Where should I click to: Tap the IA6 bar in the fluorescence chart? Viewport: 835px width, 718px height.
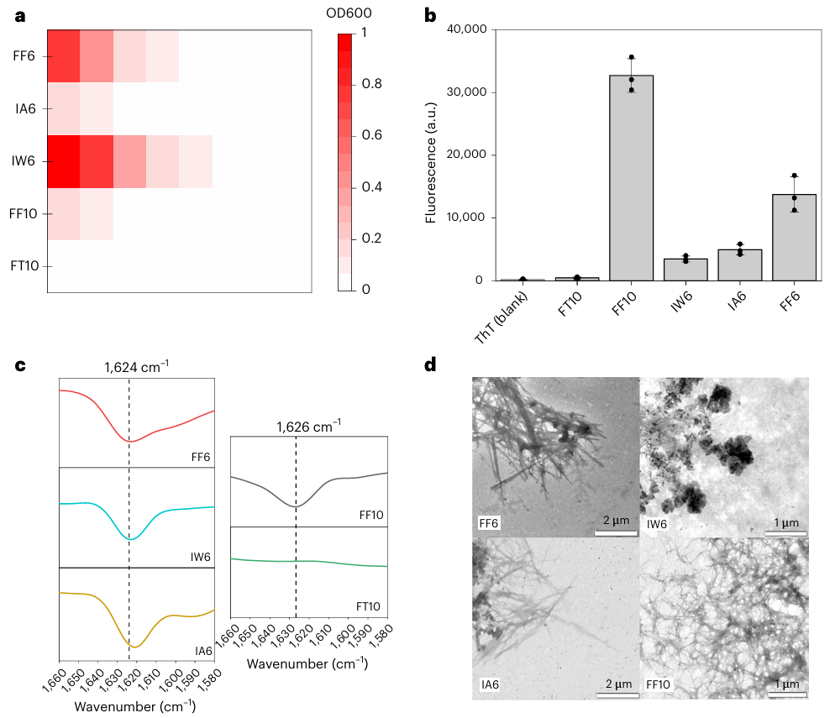(x=740, y=265)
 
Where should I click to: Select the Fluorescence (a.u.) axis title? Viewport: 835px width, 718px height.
(x=432, y=156)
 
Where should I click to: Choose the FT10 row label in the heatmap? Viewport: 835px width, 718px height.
(x=23, y=266)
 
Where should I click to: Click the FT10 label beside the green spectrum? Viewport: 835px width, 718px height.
(x=370, y=605)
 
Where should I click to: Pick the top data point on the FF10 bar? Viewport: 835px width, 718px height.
(x=632, y=58)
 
